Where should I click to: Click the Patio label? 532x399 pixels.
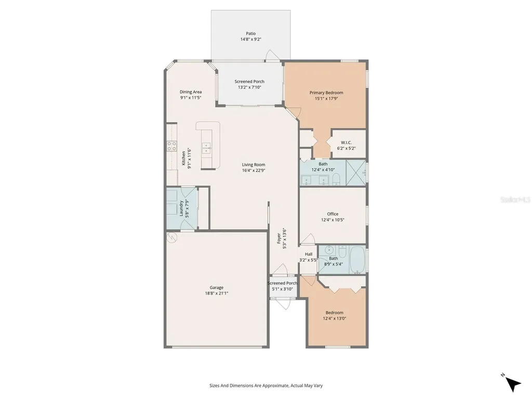[x=251, y=33]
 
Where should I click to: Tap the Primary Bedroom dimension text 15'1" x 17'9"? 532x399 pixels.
[x=326, y=99]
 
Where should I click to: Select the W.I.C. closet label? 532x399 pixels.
[x=346, y=142]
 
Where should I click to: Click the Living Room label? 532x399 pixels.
[x=254, y=165]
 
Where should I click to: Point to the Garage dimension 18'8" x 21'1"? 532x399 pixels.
[x=217, y=294]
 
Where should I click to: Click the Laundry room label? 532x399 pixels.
[x=181, y=208]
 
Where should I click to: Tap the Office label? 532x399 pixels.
[x=332, y=214]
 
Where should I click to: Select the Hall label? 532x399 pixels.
[x=309, y=254]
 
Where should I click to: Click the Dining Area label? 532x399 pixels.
[x=191, y=91]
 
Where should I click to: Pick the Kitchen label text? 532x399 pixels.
[x=183, y=158]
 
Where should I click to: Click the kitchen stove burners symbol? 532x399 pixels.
[x=171, y=146]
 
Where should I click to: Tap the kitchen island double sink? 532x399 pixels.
[x=207, y=148]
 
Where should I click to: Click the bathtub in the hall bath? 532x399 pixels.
[x=357, y=260]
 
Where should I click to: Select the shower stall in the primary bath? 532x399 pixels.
[x=356, y=172]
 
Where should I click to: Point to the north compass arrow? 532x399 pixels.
[x=513, y=384]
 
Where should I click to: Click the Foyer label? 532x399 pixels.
[x=278, y=238]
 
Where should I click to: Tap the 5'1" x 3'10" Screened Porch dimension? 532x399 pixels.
[x=282, y=289]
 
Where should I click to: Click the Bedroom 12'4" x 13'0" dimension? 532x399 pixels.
[x=335, y=318]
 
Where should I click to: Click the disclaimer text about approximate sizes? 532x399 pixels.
[x=266, y=385]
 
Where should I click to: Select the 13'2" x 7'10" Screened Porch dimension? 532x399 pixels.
[x=249, y=87]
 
